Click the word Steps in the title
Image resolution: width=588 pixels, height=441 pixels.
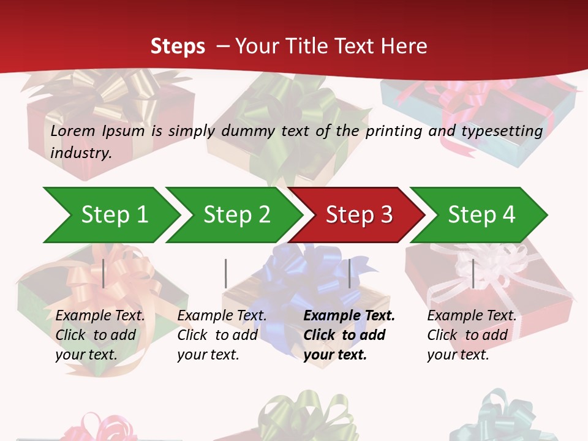point(178,47)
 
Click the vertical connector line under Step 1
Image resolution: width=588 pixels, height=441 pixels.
point(104,273)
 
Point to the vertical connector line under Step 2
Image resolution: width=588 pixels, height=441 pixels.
point(226,273)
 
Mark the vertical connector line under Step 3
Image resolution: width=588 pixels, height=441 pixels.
point(350,273)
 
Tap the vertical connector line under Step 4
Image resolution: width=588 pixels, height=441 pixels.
point(473,273)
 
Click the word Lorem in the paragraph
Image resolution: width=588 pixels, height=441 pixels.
point(73,131)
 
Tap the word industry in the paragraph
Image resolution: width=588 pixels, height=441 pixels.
point(80,153)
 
